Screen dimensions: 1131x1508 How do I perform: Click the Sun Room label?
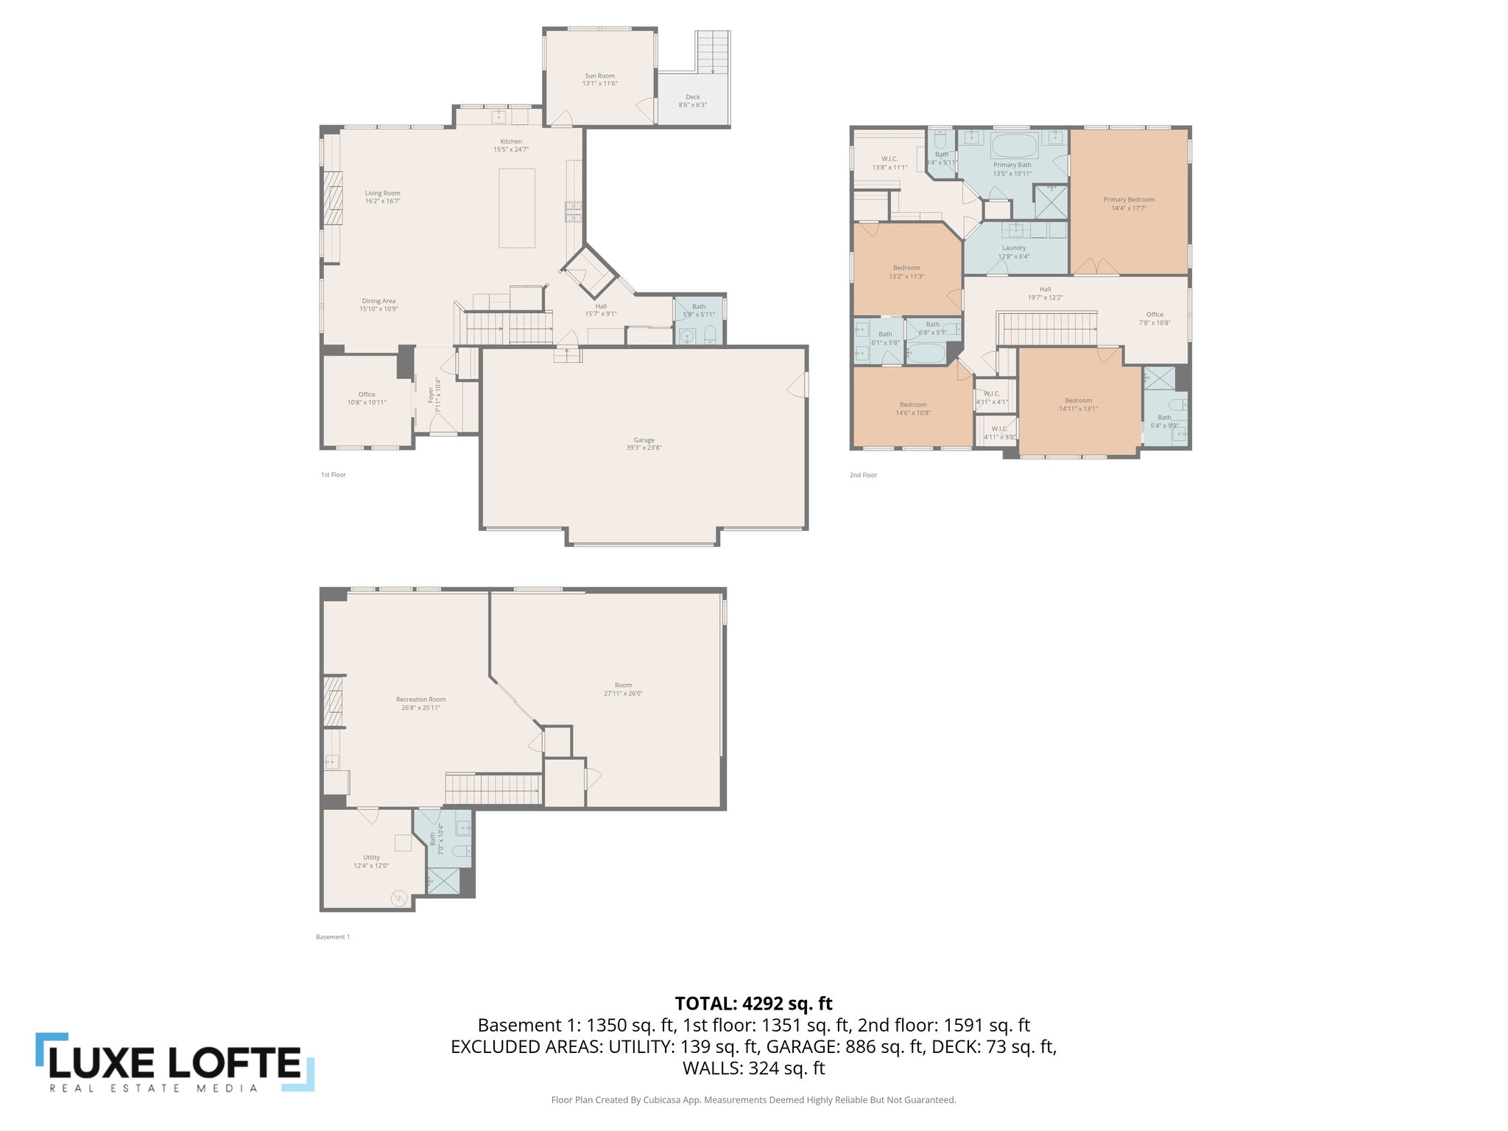point(599,76)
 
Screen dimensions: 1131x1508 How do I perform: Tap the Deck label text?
point(692,97)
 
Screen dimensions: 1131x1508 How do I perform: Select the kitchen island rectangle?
point(517,208)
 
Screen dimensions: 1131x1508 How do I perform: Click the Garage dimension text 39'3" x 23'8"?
point(644,448)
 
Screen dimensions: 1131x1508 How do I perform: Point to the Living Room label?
point(382,194)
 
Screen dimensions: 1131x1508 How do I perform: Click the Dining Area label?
point(378,301)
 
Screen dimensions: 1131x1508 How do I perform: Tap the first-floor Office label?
point(367,395)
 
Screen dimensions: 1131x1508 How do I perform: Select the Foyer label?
point(431,395)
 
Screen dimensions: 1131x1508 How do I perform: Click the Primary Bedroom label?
point(1128,200)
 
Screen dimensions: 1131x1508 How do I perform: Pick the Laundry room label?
point(1013,248)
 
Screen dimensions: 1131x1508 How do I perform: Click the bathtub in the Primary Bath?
point(1014,146)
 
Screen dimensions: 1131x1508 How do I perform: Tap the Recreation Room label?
point(420,700)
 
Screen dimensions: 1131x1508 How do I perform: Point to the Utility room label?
point(371,858)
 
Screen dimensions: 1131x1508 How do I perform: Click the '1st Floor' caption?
point(333,475)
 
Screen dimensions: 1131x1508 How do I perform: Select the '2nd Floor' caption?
point(863,475)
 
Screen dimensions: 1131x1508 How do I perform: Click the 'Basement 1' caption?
point(333,937)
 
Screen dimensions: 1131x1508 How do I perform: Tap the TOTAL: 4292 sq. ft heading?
point(753,1003)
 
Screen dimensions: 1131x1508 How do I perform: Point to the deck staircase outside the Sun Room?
point(713,51)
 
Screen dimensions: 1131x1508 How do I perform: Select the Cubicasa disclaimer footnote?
point(753,1100)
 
